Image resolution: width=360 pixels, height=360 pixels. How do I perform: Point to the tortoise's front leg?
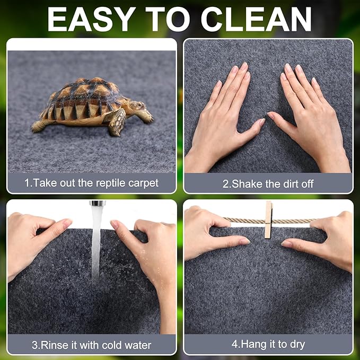118,121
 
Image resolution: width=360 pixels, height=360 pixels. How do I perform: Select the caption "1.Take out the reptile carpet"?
91,183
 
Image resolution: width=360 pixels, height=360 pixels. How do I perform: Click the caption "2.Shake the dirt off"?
268,184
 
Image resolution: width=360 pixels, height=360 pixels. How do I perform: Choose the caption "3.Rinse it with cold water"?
91,345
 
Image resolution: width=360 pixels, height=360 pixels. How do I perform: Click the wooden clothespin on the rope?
268,219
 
